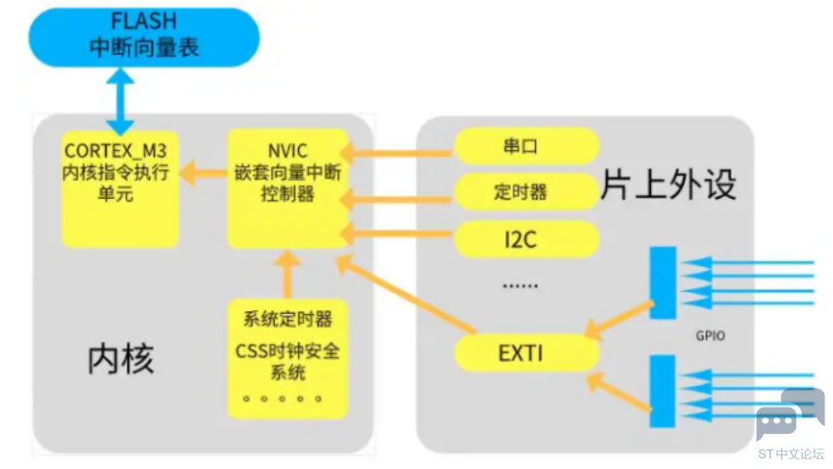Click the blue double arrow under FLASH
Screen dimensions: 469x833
(120, 102)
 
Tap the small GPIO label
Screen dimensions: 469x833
(709, 335)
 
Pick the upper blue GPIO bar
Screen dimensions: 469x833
(663, 282)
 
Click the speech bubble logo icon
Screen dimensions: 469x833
(790, 413)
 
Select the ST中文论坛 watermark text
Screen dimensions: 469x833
(790, 453)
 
